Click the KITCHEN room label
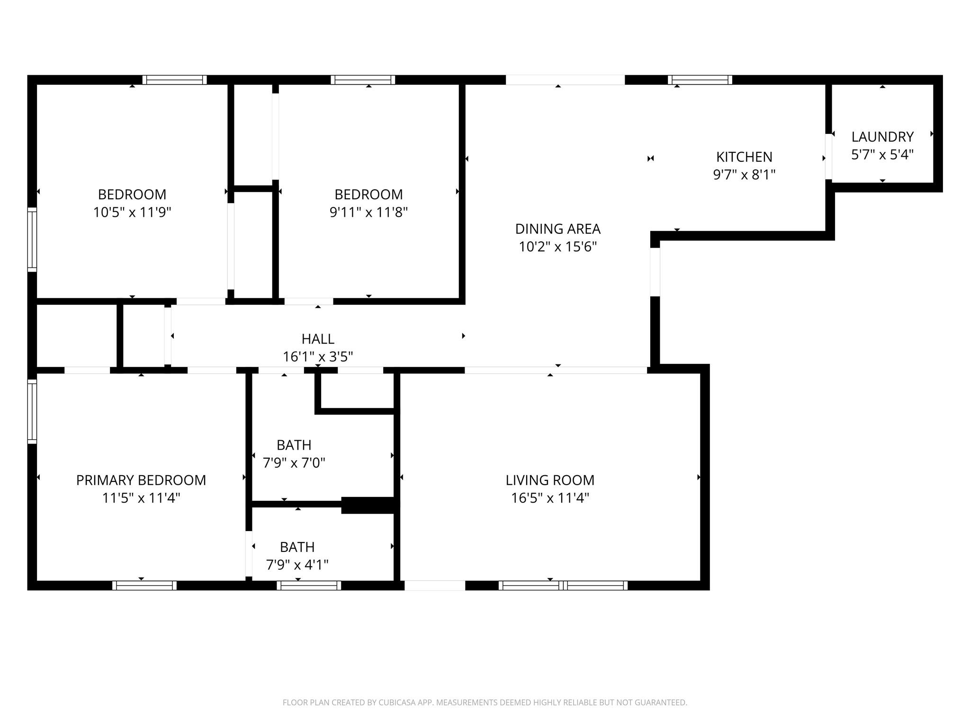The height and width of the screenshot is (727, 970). pos(744,157)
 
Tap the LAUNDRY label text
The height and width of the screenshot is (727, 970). pos(882,137)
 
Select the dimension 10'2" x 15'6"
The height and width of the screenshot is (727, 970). pos(557,247)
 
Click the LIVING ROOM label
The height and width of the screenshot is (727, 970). pos(549,480)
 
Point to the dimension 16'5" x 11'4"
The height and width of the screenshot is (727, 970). pos(549,498)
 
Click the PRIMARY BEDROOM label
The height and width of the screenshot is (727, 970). pos(141,480)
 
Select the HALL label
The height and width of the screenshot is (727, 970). pos(318,339)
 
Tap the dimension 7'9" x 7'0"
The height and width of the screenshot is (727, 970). pos(294,463)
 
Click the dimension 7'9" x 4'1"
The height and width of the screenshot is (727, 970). pos(297,565)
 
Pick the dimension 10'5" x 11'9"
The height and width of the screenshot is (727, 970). pos(132,212)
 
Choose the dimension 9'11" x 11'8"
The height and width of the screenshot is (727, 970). pos(368,212)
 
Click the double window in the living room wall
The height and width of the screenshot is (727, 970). pos(563,585)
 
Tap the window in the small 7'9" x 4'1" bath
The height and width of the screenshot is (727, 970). pos(309,585)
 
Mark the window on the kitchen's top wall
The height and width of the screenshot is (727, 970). pos(700,80)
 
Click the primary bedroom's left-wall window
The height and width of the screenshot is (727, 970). pos(32,411)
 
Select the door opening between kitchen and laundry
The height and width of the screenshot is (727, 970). pos(828,157)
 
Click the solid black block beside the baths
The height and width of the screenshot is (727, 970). pos(368,505)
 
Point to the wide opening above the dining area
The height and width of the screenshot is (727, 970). pos(565,80)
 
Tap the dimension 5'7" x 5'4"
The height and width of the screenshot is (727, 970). pos(882,155)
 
